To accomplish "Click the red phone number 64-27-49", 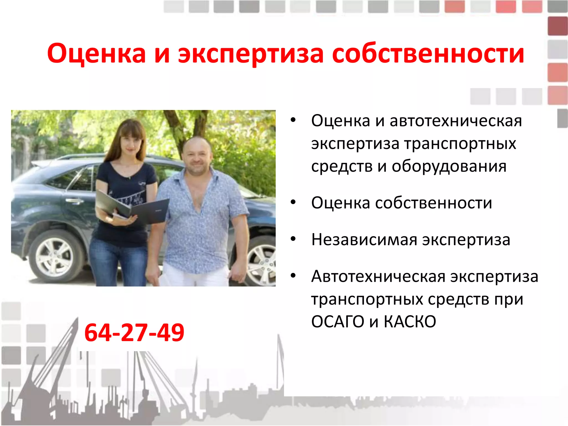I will [x=134, y=333].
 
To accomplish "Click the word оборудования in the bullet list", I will [x=449, y=166].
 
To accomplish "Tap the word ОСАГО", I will [x=338, y=322].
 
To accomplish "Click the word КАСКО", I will [x=410, y=322].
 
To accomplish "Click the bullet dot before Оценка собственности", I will [x=293, y=202].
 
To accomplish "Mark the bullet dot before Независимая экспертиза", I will [x=293, y=239].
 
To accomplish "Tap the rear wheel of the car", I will [x=55, y=257].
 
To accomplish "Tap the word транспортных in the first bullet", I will [x=460, y=144].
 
